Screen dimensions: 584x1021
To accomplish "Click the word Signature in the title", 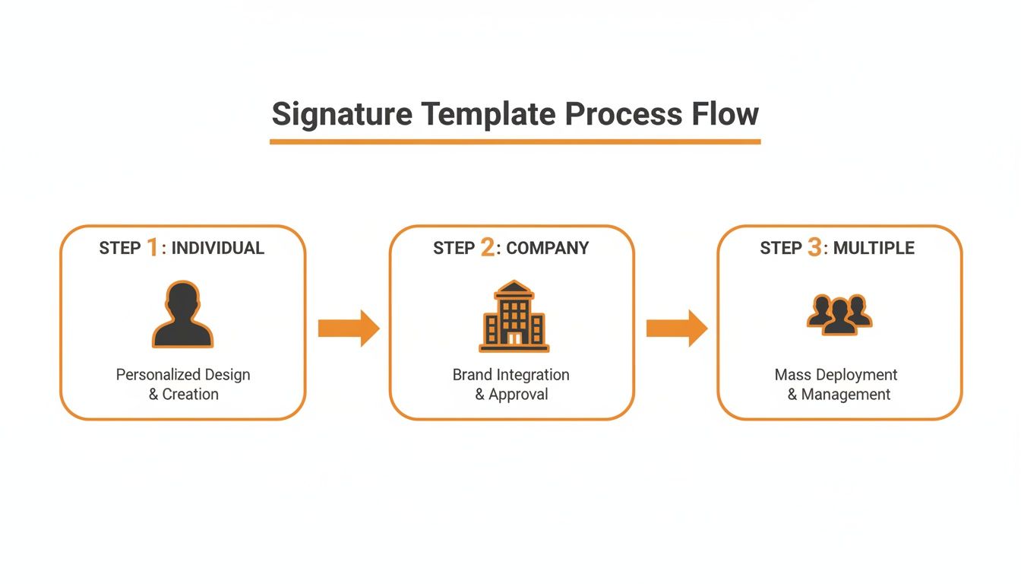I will (342, 114).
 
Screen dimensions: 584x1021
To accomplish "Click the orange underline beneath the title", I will (515, 141).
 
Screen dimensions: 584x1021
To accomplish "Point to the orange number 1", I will (152, 247).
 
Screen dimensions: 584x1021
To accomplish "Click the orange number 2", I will (487, 247).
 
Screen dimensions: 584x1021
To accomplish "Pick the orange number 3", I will (814, 247).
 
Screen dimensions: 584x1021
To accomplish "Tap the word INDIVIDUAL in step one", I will (218, 248).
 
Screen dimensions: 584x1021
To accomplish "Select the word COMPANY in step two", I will (547, 248).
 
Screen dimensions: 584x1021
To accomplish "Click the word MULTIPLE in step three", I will (874, 248).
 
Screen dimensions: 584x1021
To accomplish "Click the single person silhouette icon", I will (182, 315).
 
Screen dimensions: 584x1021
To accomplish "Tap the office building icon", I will (514, 316).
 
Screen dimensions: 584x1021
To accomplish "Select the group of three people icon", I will (839, 313).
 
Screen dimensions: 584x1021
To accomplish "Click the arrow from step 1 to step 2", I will (348, 328).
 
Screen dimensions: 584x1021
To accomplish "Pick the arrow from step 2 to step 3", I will (676, 328).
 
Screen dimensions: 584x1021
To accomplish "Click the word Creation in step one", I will (190, 395).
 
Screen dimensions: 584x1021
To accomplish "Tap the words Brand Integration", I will (510, 375).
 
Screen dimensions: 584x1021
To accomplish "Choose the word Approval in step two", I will (518, 395).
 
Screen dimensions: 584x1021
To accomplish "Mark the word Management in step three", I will (846, 395).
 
